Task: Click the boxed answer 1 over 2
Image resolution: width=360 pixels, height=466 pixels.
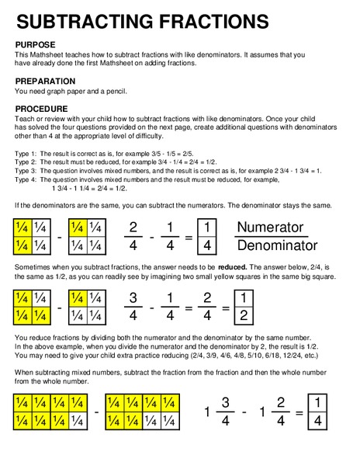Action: tap(244, 308)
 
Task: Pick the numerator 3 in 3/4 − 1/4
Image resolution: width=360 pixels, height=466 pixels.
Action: tap(133, 298)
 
